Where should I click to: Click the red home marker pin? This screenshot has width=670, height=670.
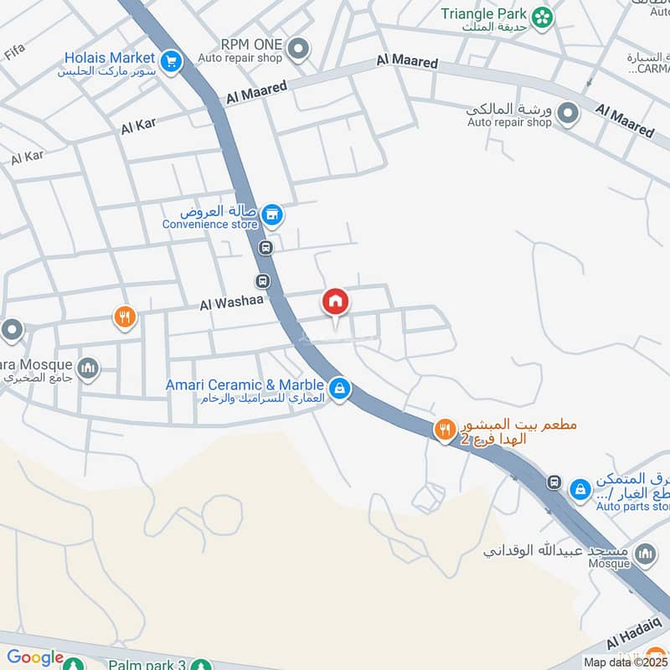336,302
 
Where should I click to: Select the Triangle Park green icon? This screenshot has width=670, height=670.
543,15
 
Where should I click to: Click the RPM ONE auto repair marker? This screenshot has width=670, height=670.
297,50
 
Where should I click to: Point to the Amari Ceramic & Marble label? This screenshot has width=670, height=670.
245,384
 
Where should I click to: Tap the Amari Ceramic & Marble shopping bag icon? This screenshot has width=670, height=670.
339,388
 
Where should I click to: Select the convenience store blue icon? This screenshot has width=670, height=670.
271,216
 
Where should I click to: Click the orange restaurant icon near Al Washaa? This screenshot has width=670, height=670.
125,317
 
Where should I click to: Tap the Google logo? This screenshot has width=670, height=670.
35,658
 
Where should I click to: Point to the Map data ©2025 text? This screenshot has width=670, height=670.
626,662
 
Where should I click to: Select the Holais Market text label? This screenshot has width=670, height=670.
110,58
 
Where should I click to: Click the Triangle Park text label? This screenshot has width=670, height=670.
485,13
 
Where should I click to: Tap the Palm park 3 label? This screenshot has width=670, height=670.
147,665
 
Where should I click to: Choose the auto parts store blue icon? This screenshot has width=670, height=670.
579,489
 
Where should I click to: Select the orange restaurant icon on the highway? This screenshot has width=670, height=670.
444,430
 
